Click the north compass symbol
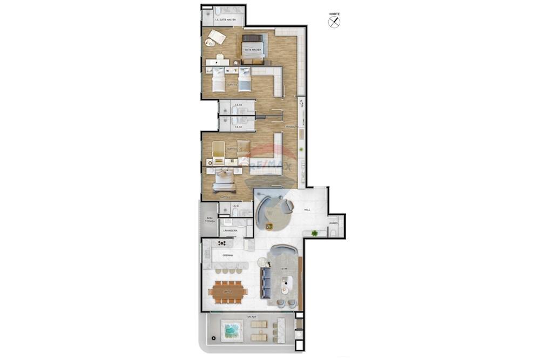coord(334,22)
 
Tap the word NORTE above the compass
coord(334,13)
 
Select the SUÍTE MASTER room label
coord(253,50)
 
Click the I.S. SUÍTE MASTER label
coord(225,20)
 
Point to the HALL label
coord(307,209)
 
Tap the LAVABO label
coord(333,223)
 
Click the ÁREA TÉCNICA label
coord(210,220)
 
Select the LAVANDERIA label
coord(230,230)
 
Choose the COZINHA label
coord(227,255)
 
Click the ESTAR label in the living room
coord(283,268)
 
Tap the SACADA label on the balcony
coord(252,317)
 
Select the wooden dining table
coord(228,291)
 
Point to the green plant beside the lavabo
coord(314,233)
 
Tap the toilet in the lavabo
coord(334,233)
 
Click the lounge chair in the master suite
coord(217,37)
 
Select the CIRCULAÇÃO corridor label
coord(292,127)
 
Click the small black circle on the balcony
coord(214,338)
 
